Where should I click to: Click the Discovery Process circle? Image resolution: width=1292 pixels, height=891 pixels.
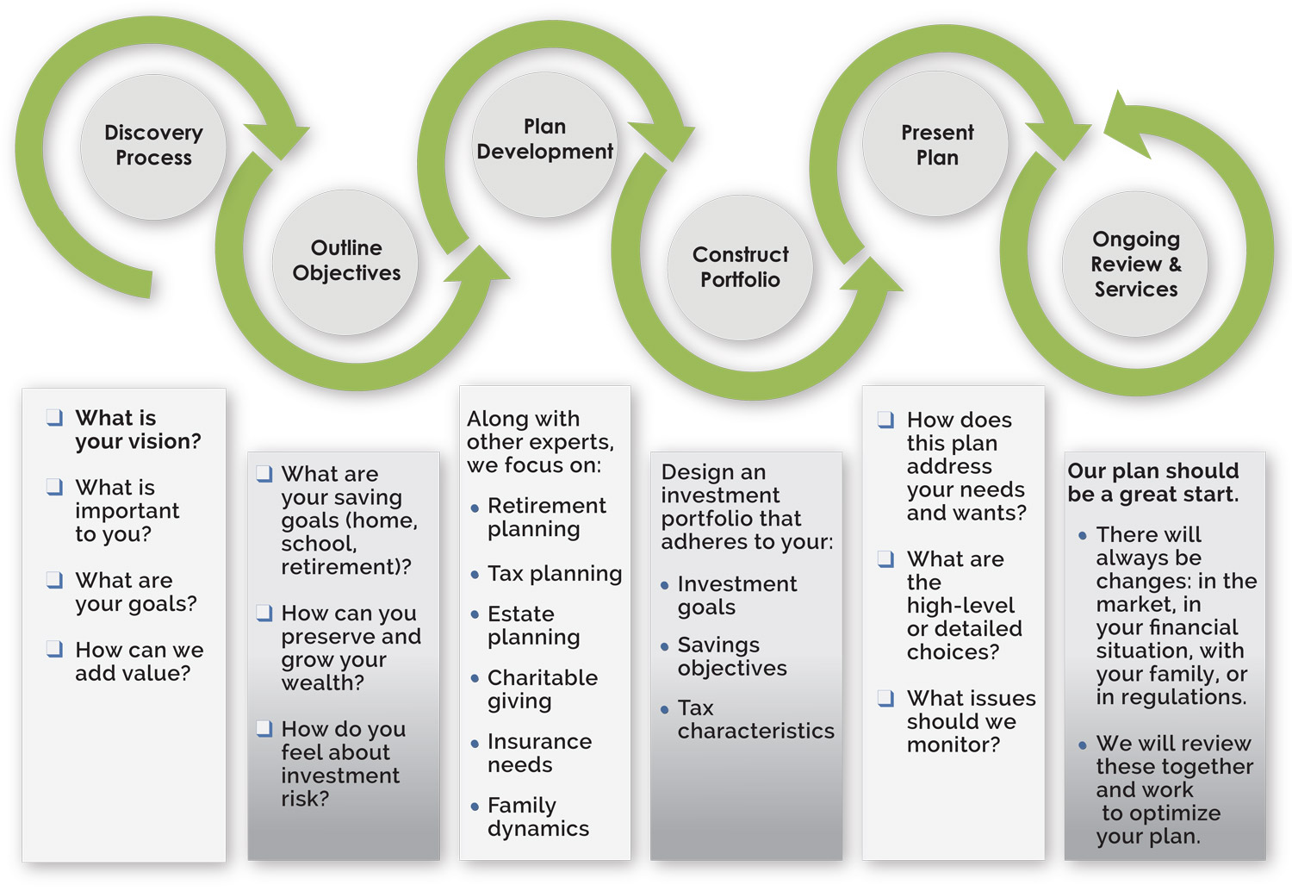(x=153, y=146)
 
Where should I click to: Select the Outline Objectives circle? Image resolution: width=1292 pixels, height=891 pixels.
(x=345, y=261)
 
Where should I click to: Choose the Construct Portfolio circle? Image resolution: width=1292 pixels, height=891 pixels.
(x=740, y=267)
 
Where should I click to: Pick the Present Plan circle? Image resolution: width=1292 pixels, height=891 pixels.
(x=936, y=145)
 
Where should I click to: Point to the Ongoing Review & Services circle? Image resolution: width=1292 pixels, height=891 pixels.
(x=1135, y=264)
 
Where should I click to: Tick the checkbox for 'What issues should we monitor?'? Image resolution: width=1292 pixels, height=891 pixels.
(x=885, y=698)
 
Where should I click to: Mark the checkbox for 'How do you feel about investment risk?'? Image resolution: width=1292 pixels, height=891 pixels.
(x=264, y=729)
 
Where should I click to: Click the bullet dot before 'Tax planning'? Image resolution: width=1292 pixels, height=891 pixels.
(x=475, y=575)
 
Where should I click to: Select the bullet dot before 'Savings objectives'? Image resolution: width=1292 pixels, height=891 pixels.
(x=664, y=646)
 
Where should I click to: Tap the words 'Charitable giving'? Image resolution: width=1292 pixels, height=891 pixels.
(x=542, y=689)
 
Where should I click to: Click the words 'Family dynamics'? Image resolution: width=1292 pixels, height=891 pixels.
(x=537, y=817)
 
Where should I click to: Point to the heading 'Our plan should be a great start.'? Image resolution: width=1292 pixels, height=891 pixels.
(x=1152, y=483)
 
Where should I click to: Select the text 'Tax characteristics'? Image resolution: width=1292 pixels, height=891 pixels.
(x=755, y=720)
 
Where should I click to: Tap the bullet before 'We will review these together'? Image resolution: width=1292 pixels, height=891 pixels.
(x=1083, y=745)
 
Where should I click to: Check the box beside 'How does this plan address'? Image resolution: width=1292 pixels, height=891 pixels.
(x=885, y=420)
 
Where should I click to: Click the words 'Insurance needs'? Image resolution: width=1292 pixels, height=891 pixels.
(x=539, y=753)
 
